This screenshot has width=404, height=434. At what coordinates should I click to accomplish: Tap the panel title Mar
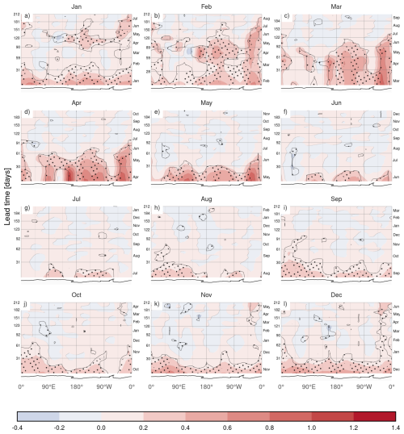(335, 5)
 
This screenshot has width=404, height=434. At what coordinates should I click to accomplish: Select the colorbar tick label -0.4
(17, 428)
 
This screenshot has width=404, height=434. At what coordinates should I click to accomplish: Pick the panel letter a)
(27, 15)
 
